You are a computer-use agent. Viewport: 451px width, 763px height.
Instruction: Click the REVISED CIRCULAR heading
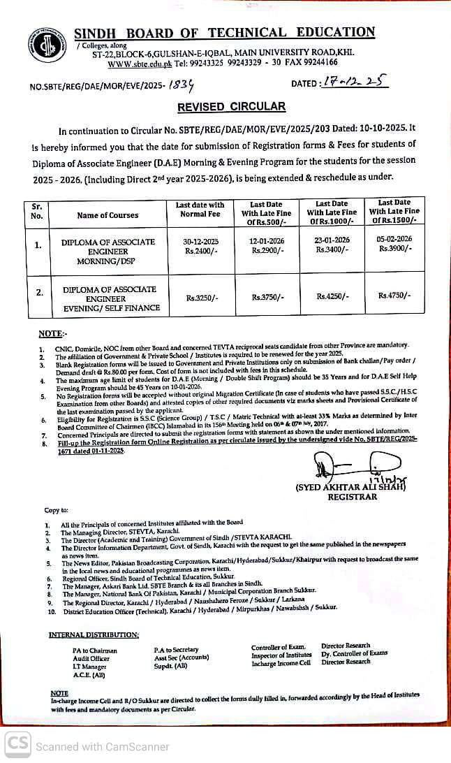(231, 107)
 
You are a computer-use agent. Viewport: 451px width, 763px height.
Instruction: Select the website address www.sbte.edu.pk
(131, 64)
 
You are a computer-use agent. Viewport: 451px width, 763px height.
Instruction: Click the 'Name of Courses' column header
(108, 215)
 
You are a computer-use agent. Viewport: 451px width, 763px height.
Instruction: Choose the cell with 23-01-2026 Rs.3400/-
(331, 245)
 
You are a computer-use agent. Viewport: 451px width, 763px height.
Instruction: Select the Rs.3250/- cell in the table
(202, 298)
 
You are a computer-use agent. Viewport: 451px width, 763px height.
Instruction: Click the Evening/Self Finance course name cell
(109, 298)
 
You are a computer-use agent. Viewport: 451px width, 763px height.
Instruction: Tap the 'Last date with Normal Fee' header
(202, 210)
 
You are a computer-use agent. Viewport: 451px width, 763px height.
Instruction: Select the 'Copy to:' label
(57, 511)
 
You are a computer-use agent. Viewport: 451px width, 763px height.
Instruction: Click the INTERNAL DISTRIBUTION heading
(94, 634)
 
